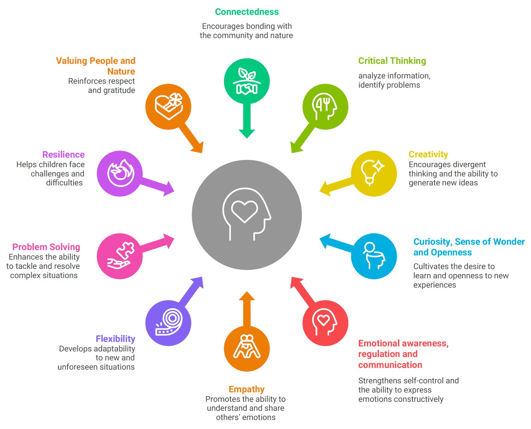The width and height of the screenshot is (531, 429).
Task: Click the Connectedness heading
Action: tap(247, 12)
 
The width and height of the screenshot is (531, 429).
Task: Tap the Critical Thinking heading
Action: tap(392, 61)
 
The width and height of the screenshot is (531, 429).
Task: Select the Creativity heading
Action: tap(428, 154)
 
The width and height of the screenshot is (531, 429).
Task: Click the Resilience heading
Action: tap(63, 154)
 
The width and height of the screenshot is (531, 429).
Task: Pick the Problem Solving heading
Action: tap(46, 247)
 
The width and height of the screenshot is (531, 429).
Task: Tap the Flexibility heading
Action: tap(115, 339)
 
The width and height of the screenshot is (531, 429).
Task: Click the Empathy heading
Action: tap(247, 389)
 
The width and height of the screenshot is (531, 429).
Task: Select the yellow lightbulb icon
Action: tap(373, 173)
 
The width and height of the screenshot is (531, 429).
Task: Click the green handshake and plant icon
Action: tap(247, 81)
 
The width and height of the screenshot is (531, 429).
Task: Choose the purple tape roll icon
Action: tap(169, 322)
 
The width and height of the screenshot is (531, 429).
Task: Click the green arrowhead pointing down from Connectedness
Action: tap(247, 133)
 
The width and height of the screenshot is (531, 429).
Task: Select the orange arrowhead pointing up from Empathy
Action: tap(247, 296)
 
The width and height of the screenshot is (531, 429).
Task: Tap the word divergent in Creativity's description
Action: tap(470, 165)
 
